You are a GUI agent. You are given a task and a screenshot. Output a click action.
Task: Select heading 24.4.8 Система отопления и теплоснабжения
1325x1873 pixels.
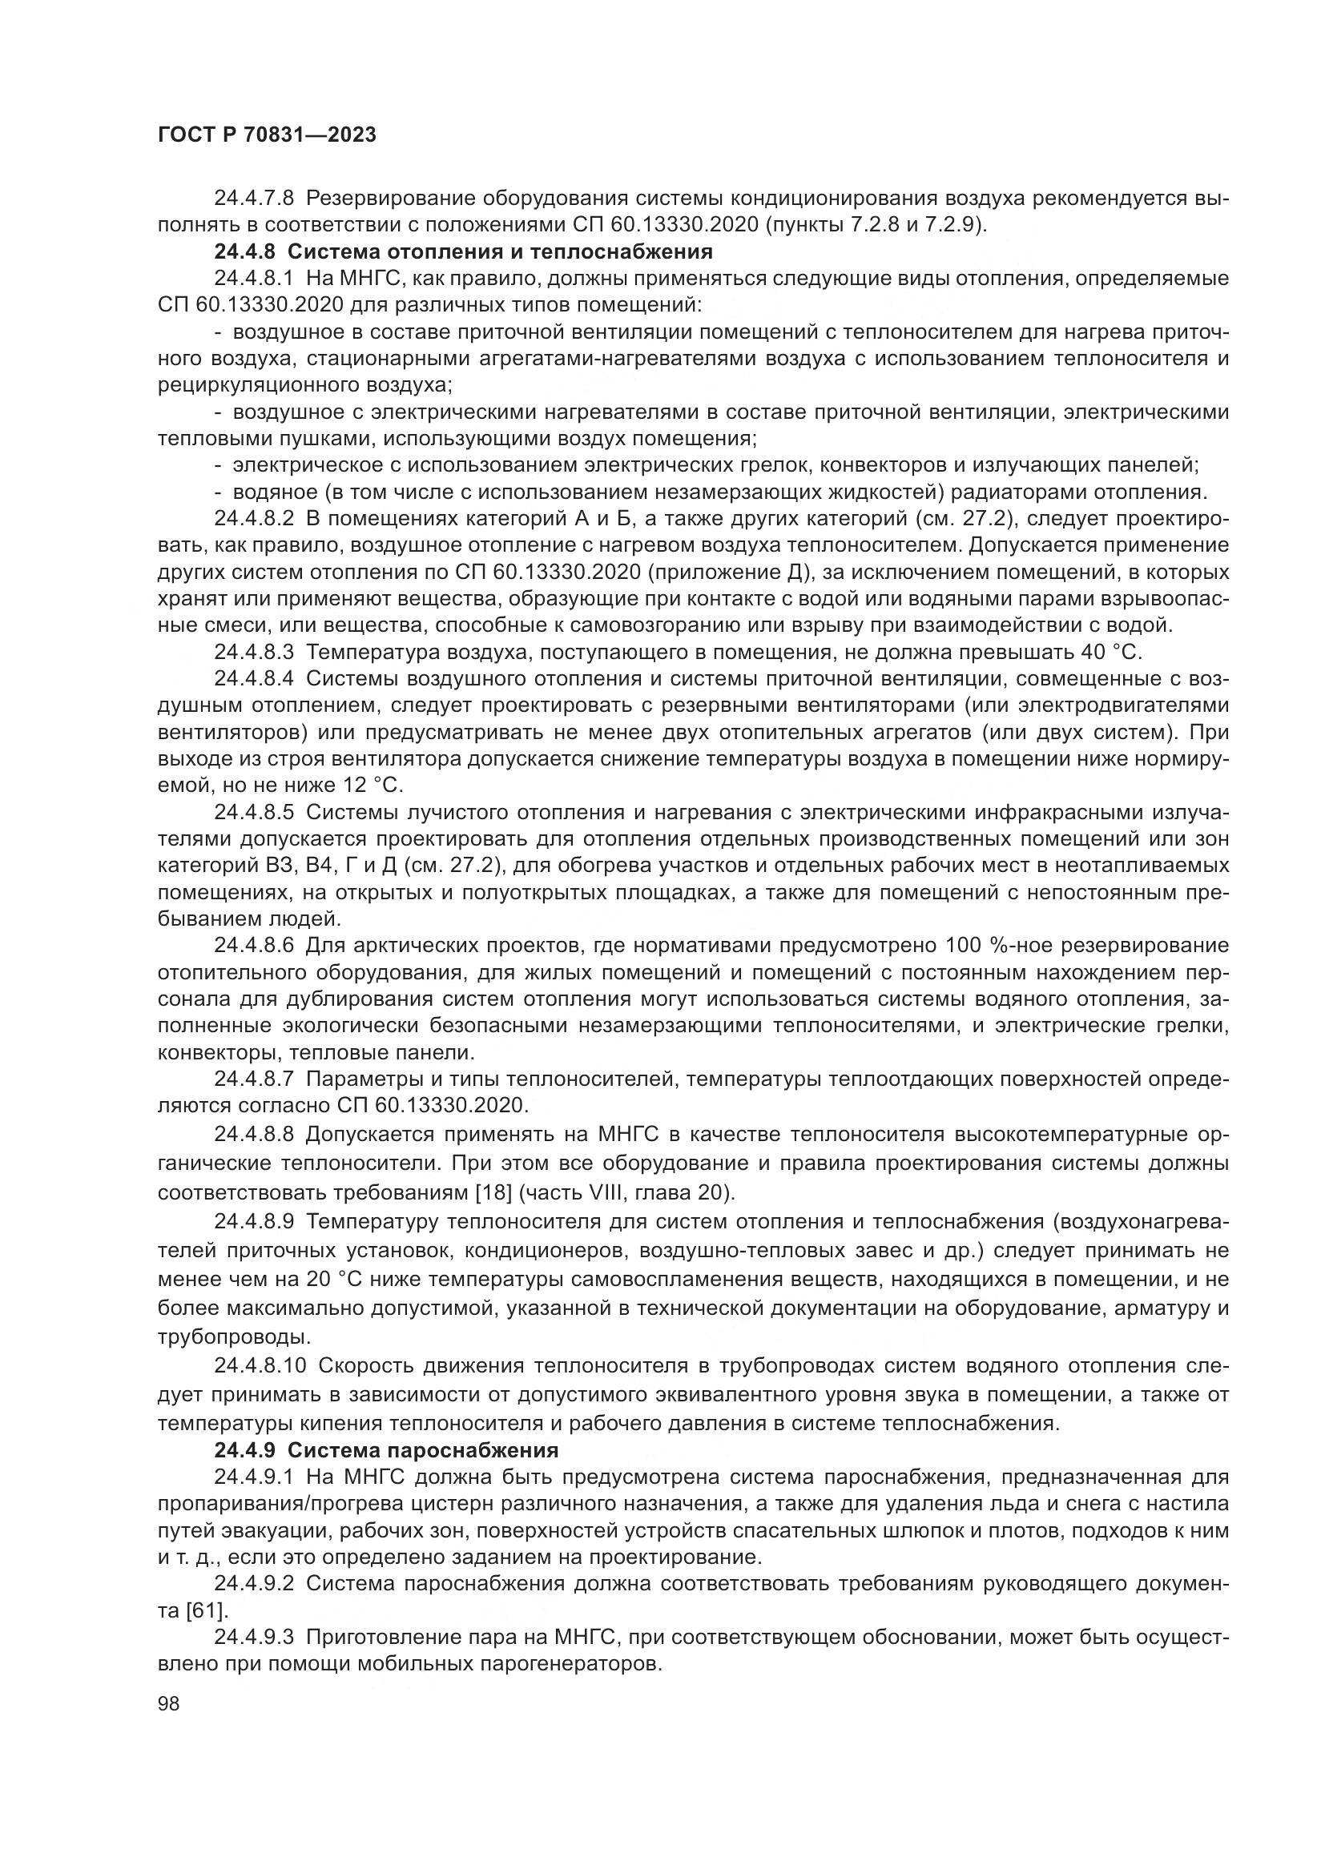coord(463,251)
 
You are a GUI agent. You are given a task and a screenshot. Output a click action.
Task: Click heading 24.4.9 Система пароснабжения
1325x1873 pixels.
coord(386,1450)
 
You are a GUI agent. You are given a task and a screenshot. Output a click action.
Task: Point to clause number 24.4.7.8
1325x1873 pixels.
coord(256,199)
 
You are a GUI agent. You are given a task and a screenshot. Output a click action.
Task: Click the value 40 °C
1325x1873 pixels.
coord(1108,653)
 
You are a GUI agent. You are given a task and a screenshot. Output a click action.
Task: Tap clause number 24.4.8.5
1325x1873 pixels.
coord(256,813)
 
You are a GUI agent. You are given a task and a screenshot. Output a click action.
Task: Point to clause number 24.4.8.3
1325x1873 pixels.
coord(256,653)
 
